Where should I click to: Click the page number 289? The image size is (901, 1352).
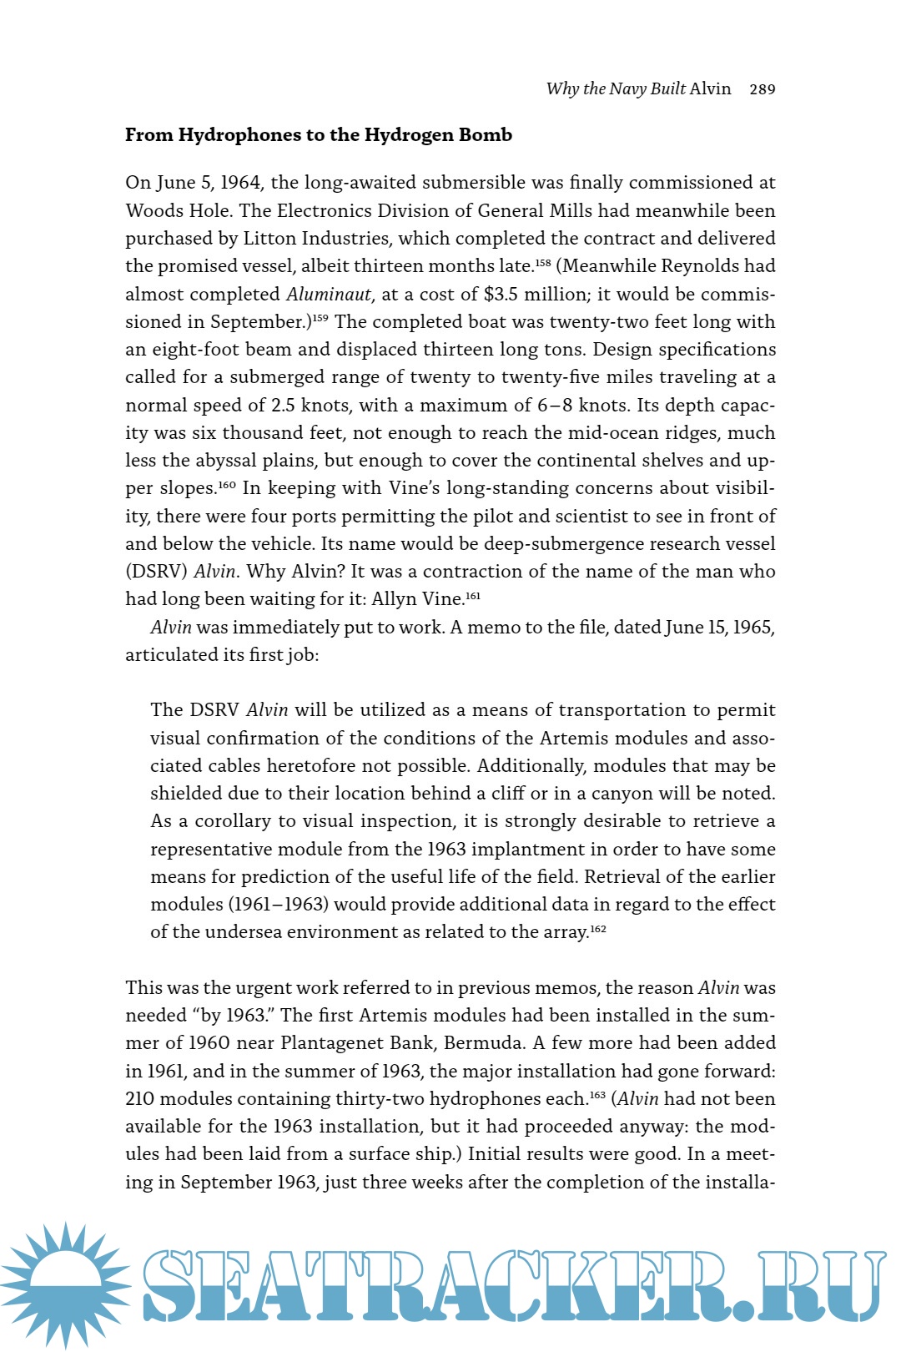tap(763, 89)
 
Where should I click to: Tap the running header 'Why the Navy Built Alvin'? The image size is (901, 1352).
tap(638, 88)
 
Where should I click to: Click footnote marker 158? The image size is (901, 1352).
tap(543, 262)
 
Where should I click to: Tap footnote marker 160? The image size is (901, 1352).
tap(227, 484)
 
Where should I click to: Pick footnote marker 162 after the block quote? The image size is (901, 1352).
tap(598, 928)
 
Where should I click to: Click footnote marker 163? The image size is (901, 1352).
tap(597, 1094)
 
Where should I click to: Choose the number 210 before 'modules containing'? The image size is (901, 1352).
tap(141, 1099)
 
